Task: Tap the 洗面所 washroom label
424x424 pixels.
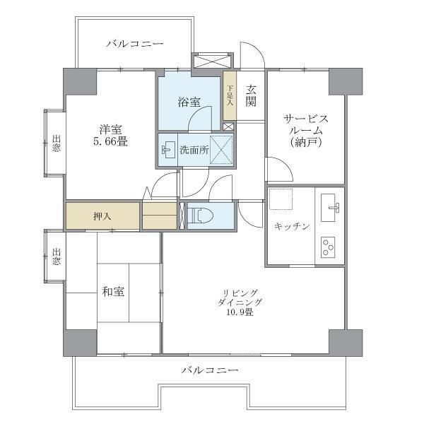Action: point(194,150)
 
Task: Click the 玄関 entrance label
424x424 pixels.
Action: point(251,95)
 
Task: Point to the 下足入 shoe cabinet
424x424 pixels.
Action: point(230,95)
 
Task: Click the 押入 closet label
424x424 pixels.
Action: point(102,216)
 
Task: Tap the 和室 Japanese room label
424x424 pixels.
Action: point(113,291)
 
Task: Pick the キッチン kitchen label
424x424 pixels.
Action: point(292,226)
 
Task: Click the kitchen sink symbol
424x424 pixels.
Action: point(331,207)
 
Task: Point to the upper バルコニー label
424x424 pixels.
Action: point(134,45)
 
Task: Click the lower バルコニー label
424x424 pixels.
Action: point(208,370)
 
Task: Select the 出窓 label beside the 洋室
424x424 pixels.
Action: point(57,142)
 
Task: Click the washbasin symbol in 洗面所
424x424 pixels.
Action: point(167,150)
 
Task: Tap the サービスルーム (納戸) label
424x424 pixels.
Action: point(305,129)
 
